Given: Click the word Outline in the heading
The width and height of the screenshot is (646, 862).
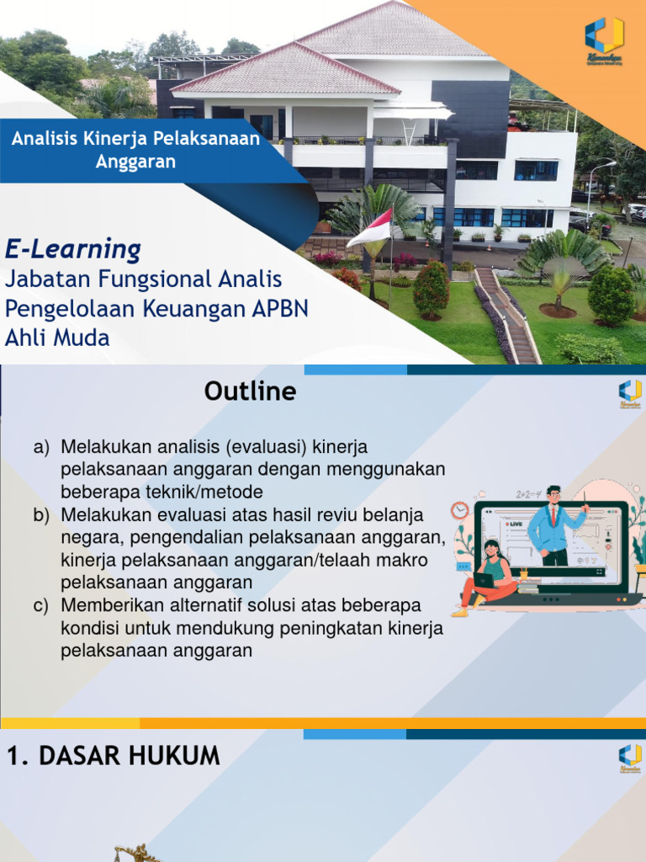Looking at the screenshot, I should click(250, 391).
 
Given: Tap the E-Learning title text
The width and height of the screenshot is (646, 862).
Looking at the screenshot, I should click(73, 249).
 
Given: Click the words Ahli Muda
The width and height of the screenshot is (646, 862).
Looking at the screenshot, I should click(57, 338).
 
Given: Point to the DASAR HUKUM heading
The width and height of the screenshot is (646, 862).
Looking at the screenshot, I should click(114, 756).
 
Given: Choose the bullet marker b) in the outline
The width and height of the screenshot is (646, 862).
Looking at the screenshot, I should click(41, 514).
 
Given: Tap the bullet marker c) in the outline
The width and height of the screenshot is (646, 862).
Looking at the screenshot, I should click(41, 605).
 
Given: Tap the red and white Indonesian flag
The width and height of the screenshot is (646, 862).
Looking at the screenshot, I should click(370, 229).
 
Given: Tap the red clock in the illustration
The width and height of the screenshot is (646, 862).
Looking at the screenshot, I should click(459, 510).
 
